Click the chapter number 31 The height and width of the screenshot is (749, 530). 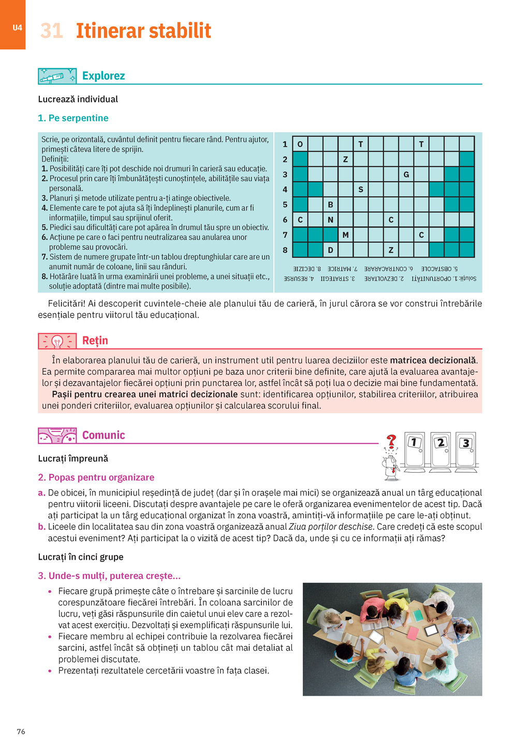(x=51, y=31)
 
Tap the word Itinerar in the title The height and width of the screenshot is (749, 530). (x=110, y=31)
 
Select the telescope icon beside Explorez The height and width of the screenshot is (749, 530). (x=57, y=77)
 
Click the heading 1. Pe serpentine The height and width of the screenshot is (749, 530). (x=73, y=118)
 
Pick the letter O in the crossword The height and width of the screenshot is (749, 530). (x=300, y=144)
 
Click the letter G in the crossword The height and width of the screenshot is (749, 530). (x=406, y=174)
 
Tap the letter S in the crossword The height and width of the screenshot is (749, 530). (x=361, y=189)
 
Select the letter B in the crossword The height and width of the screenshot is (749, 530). (x=330, y=204)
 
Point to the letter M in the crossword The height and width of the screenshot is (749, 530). (x=345, y=235)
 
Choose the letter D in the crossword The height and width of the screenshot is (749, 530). (x=330, y=250)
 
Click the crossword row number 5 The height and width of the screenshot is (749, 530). (x=285, y=204)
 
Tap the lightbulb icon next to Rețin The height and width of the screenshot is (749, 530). (x=57, y=341)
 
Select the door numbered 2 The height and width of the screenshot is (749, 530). (x=440, y=449)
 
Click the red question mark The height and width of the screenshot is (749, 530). (x=391, y=441)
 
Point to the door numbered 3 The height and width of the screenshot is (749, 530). (x=466, y=449)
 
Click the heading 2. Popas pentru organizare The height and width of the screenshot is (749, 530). (x=96, y=477)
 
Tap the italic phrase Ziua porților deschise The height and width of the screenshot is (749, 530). (x=331, y=527)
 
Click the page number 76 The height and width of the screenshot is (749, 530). (x=21, y=731)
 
